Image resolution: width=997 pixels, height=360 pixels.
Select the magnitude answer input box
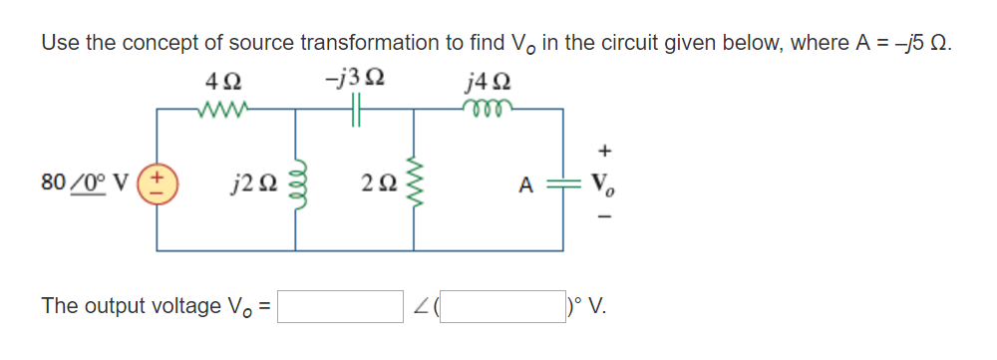[x=340, y=306]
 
